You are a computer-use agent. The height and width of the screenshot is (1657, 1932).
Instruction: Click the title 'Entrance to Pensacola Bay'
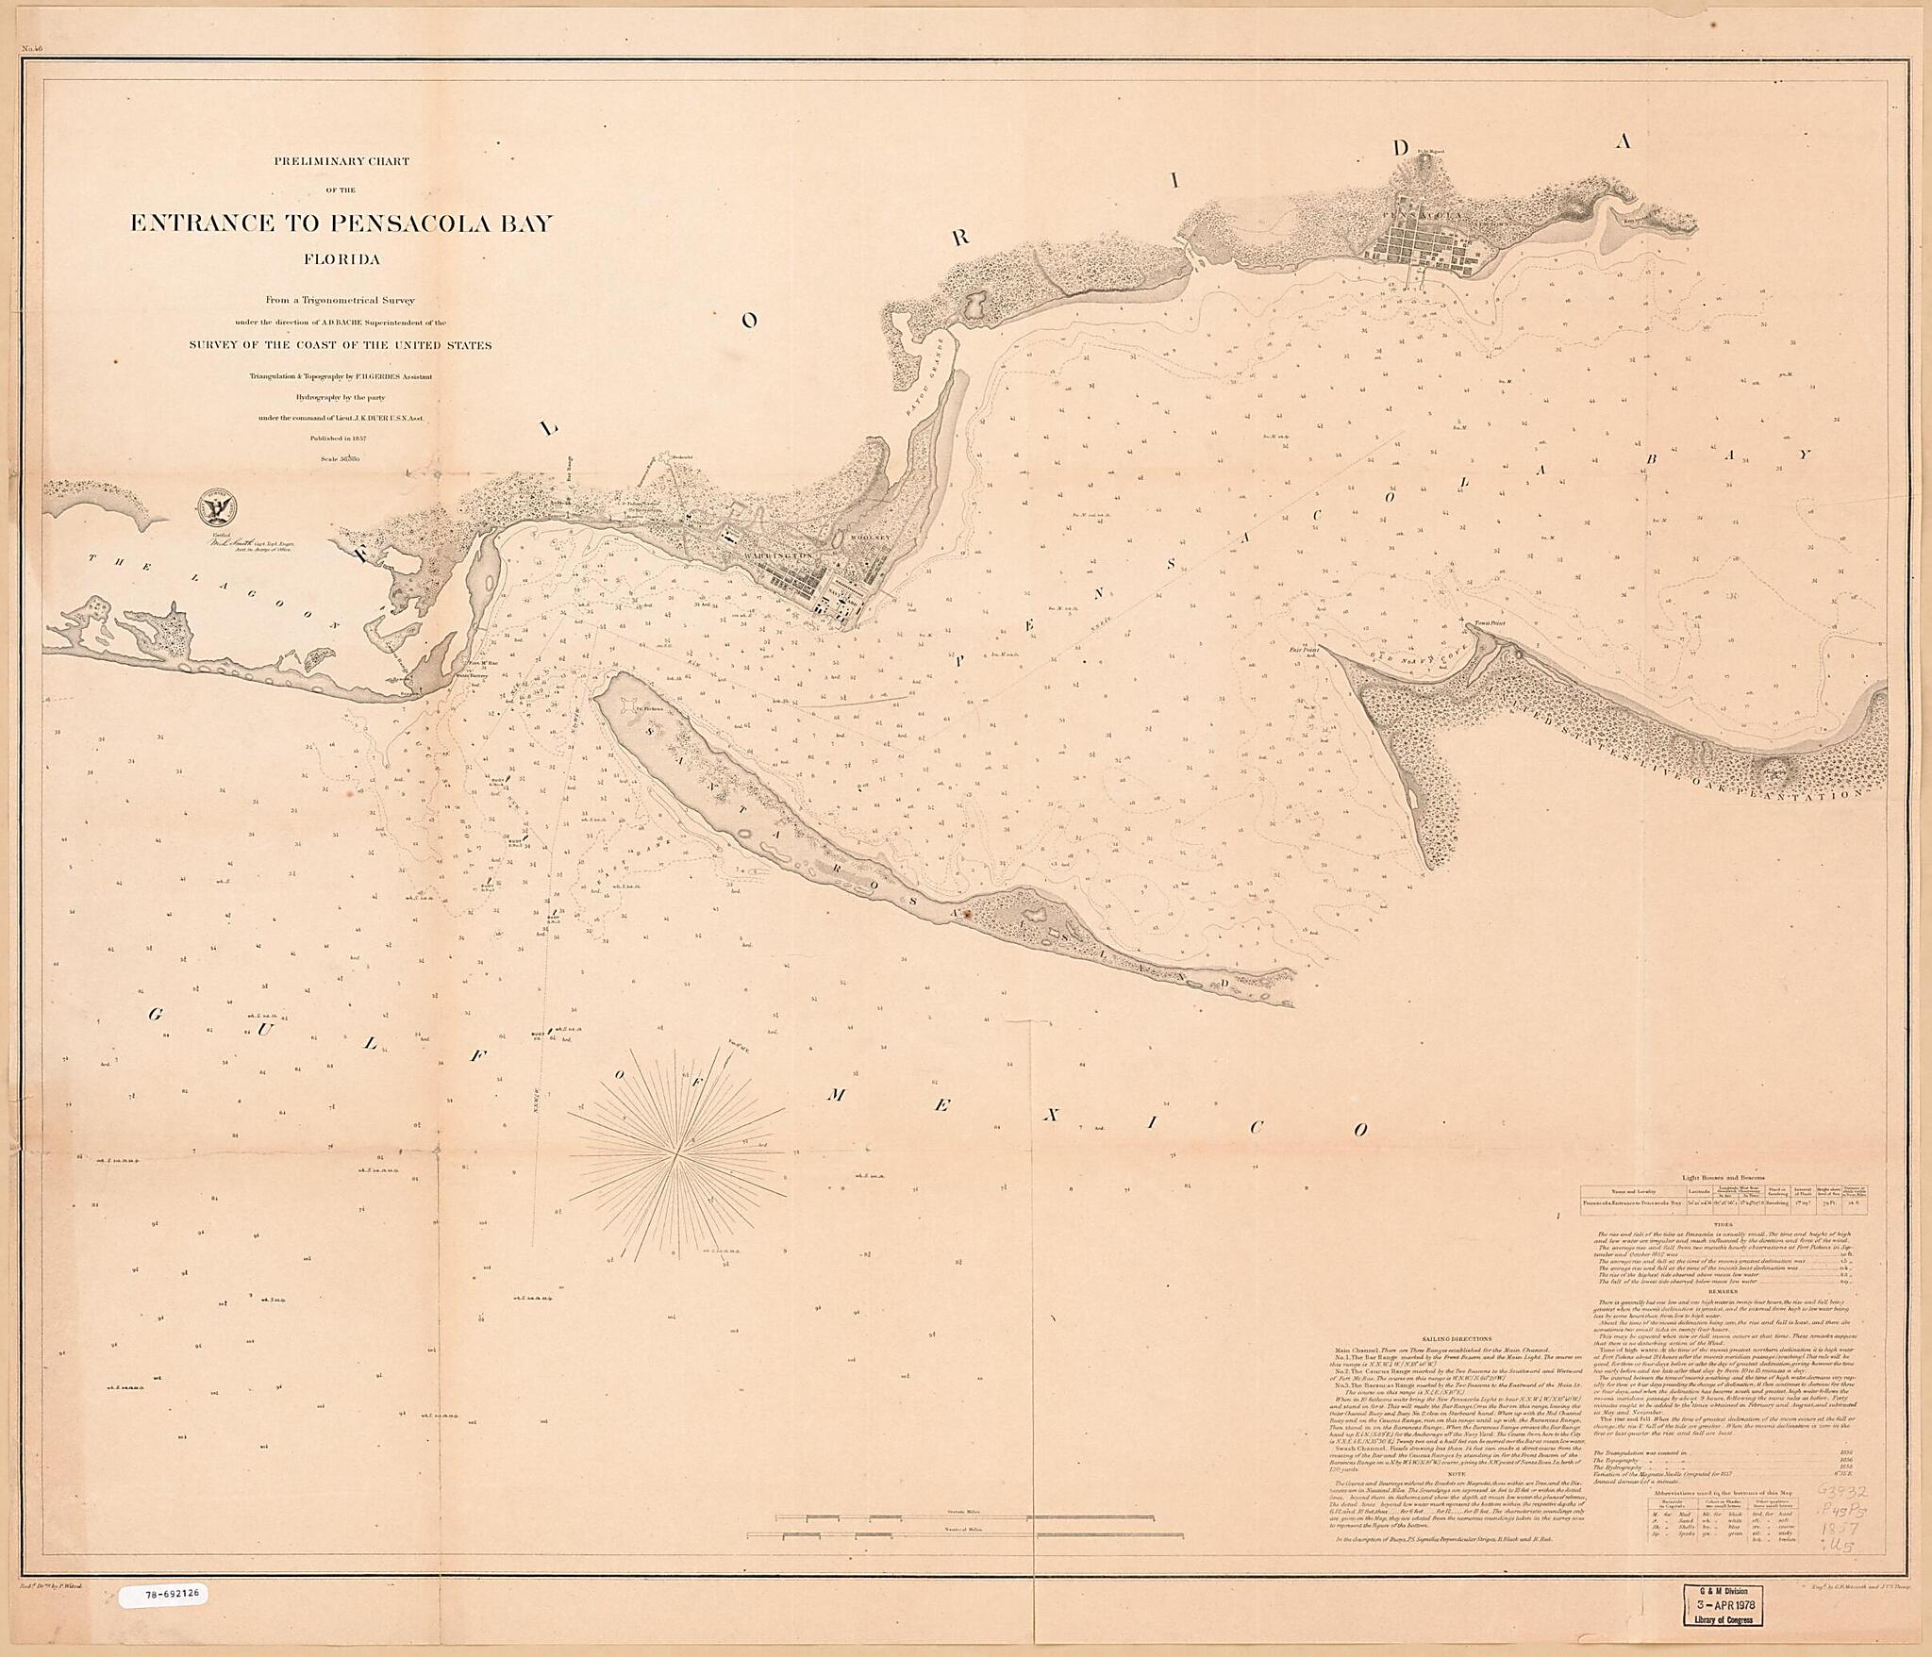tap(341, 224)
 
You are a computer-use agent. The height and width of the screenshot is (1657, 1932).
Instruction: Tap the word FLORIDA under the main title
tap(341, 258)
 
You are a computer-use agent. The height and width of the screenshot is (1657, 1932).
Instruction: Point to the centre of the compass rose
tap(677, 1152)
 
